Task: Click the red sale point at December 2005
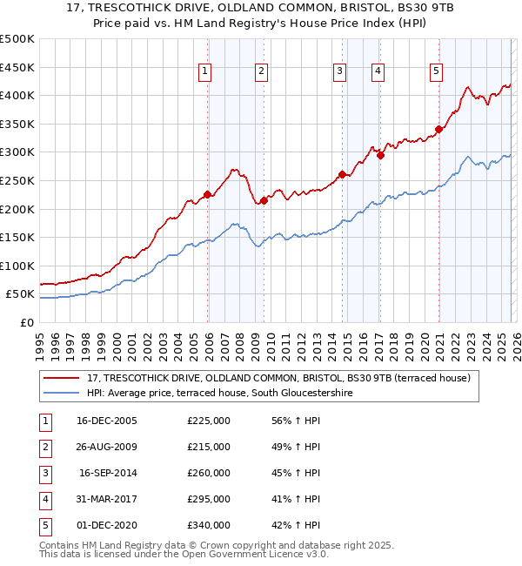pyautogui.click(x=207, y=194)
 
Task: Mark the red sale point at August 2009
pyautogui.click(x=264, y=200)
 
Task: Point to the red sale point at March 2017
pyautogui.click(x=380, y=155)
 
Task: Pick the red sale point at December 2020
pyautogui.click(x=438, y=130)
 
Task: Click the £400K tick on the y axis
pyautogui.click(x=17, y=95)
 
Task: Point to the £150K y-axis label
pyautogui.click(x=17, y=237)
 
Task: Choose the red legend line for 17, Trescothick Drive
pyautogui.click(x=62, y=378)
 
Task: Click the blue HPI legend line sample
pyautogui.click(x=62, y=393)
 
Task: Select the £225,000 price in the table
pyautogui.click(x=209, y=421)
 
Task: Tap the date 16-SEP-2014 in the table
pyautogui.click(x=107, y=473)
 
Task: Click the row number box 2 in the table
pyautogui.click(x=43, y=447)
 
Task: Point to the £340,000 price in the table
pyautogui.click(x=209, y=525)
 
